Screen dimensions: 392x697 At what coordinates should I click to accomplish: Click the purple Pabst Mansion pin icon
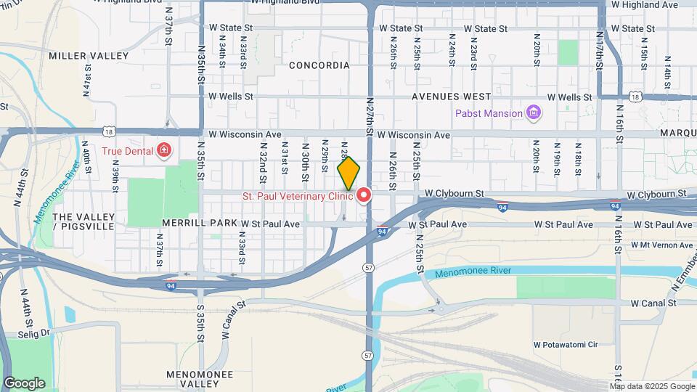[x=534, y=113]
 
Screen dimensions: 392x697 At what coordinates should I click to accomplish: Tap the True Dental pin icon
[x=164, y=151]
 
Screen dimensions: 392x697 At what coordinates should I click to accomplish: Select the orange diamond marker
[x=348, y=173]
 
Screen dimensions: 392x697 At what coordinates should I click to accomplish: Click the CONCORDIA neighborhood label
[x=319, y=65]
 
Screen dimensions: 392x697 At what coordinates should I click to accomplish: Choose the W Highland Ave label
[x=644, y=4]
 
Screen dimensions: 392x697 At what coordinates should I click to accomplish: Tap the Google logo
[x=24, y=383]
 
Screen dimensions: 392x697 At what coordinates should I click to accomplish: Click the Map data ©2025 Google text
[x=652, y=386]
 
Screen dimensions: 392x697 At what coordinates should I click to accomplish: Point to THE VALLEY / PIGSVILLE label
[x=84, y=221]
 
